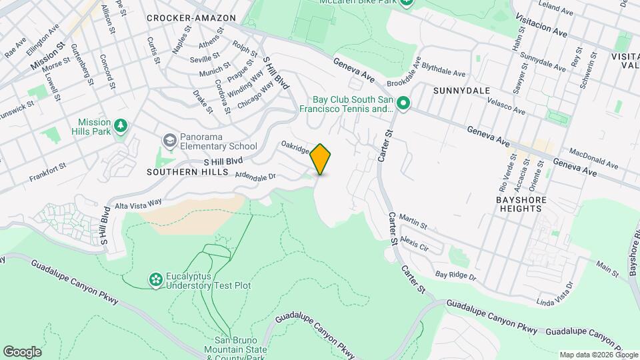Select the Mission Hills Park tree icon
coord(121,125)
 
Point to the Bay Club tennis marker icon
coord(403,104)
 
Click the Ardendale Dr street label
coord(255,176)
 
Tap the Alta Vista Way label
coord(138,202)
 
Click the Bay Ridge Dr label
coord(456,275)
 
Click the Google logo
coord(22,351)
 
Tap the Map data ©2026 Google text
coord(599,355)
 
